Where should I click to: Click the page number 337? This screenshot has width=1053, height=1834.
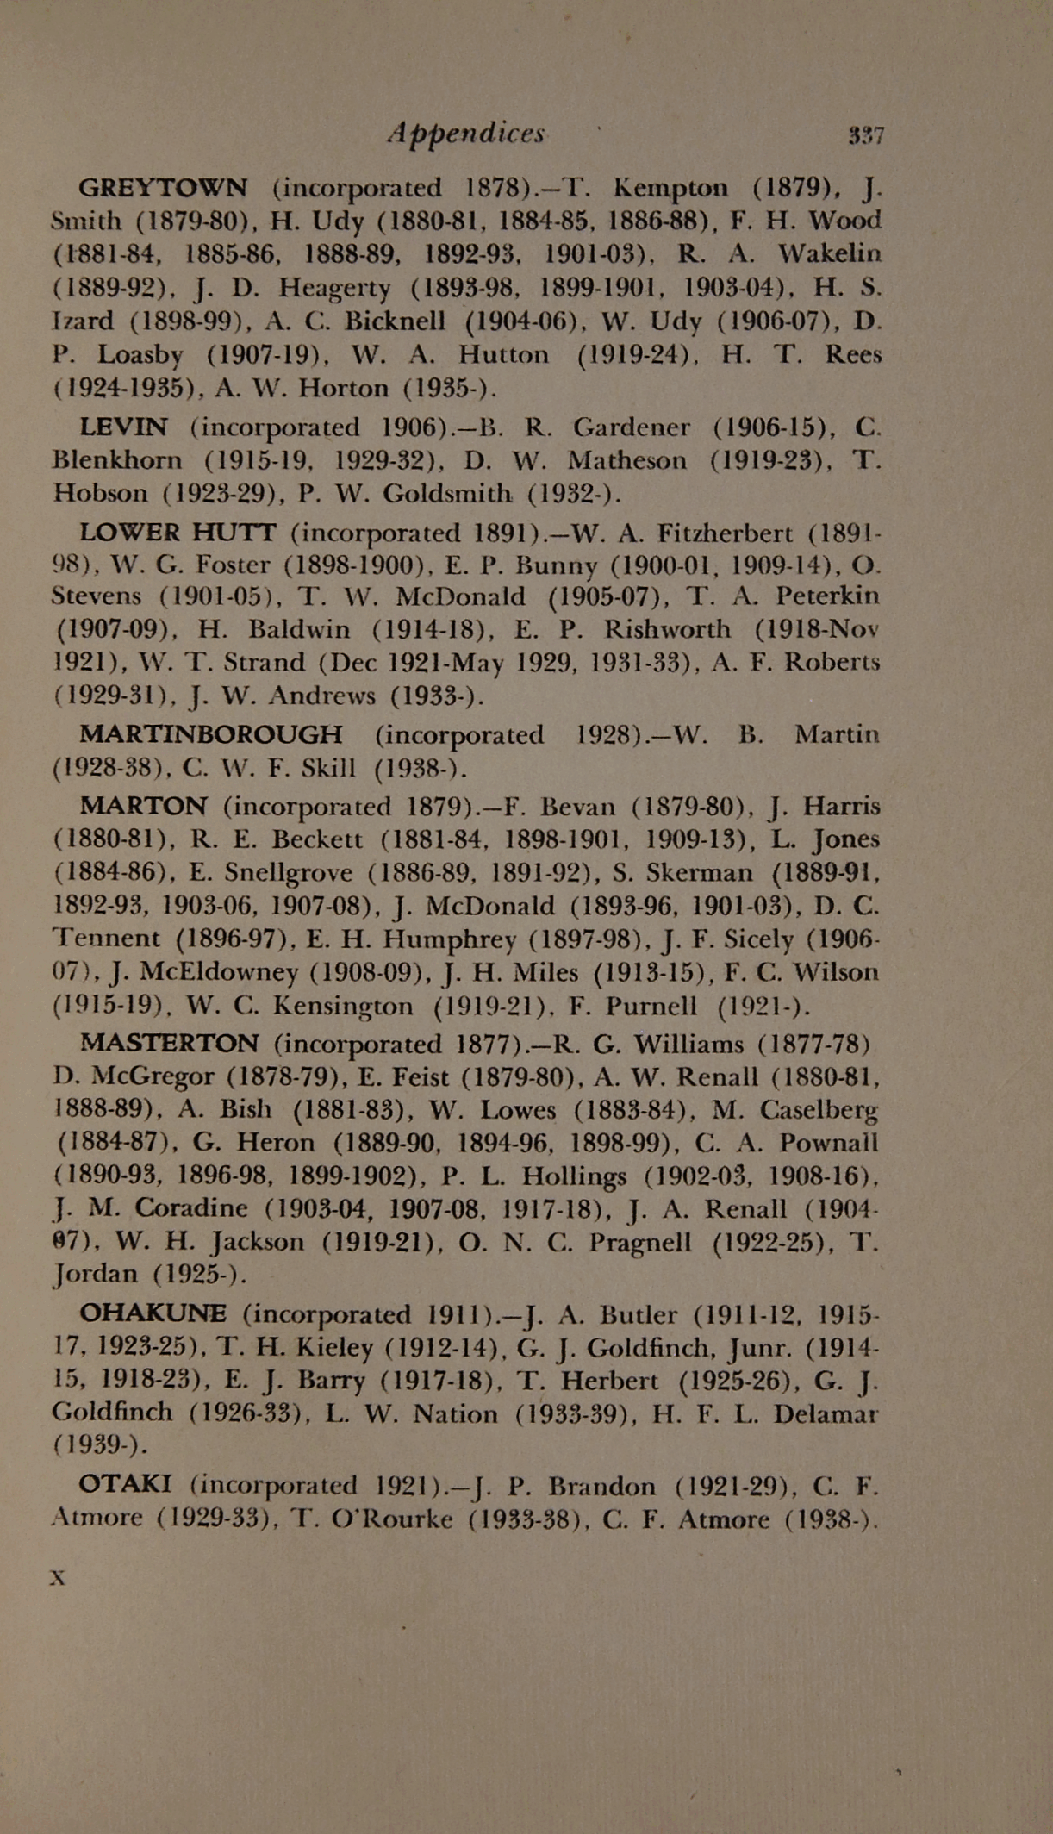click(866, 135)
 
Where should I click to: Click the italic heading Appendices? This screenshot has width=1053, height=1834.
click(466, 133)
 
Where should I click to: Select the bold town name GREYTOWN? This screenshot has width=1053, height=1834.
click(163, 187)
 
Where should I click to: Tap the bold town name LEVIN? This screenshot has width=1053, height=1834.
click(123, 427)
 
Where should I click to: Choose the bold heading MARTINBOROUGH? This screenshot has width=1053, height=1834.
click(210, 735)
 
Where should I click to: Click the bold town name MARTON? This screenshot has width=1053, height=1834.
click(143, 807)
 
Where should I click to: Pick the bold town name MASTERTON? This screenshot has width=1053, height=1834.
click(168, 1044)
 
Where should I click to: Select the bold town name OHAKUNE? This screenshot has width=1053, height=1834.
click(153, 1314)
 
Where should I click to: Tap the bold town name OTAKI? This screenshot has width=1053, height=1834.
click(125, 1485)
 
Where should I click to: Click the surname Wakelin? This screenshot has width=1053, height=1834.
click(829, 253)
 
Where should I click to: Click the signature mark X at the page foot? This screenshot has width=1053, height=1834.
click(59, 1578)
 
